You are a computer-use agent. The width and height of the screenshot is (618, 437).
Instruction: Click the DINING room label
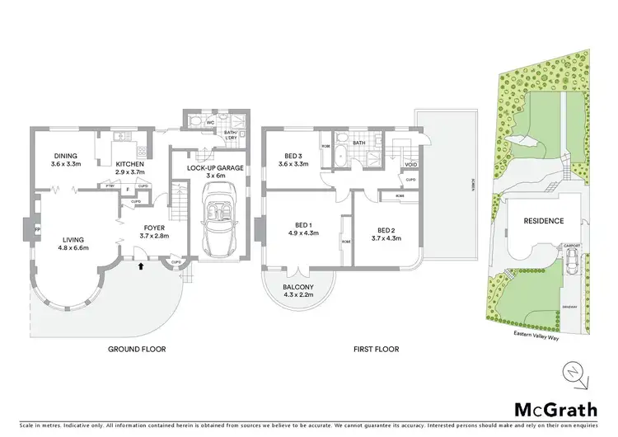65,155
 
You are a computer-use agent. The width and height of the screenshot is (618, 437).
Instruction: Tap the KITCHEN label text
130,163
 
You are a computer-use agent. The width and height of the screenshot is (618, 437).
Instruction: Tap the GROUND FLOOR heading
138,349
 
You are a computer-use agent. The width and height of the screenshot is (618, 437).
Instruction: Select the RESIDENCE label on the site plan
542,221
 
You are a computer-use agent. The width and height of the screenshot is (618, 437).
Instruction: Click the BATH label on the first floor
359,143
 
